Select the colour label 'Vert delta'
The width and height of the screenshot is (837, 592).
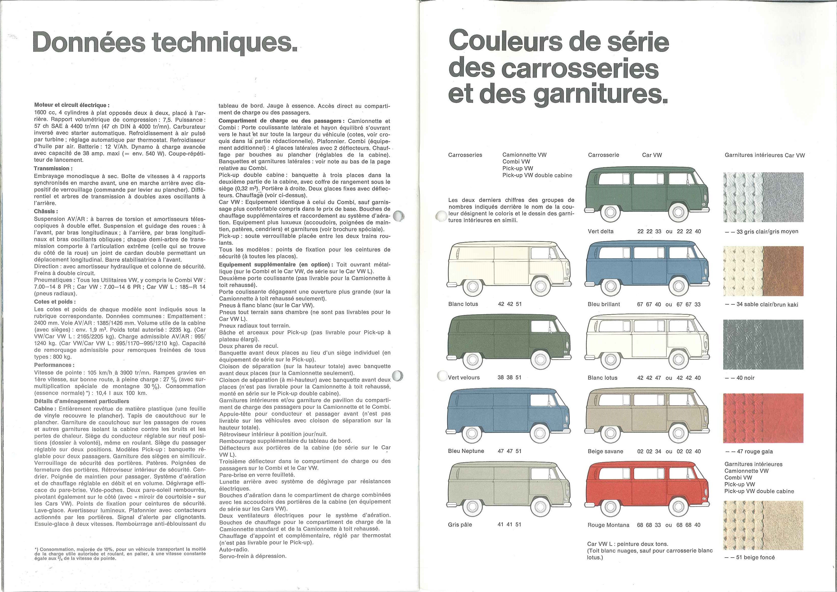point(601,231)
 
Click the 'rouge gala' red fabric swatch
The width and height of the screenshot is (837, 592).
point(763,418)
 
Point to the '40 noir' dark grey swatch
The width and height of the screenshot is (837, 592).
point(763,345)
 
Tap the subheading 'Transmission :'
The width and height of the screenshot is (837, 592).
point(53,168)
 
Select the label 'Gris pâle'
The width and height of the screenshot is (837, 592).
point(460,524)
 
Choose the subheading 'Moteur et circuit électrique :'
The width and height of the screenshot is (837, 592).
point(71,105)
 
